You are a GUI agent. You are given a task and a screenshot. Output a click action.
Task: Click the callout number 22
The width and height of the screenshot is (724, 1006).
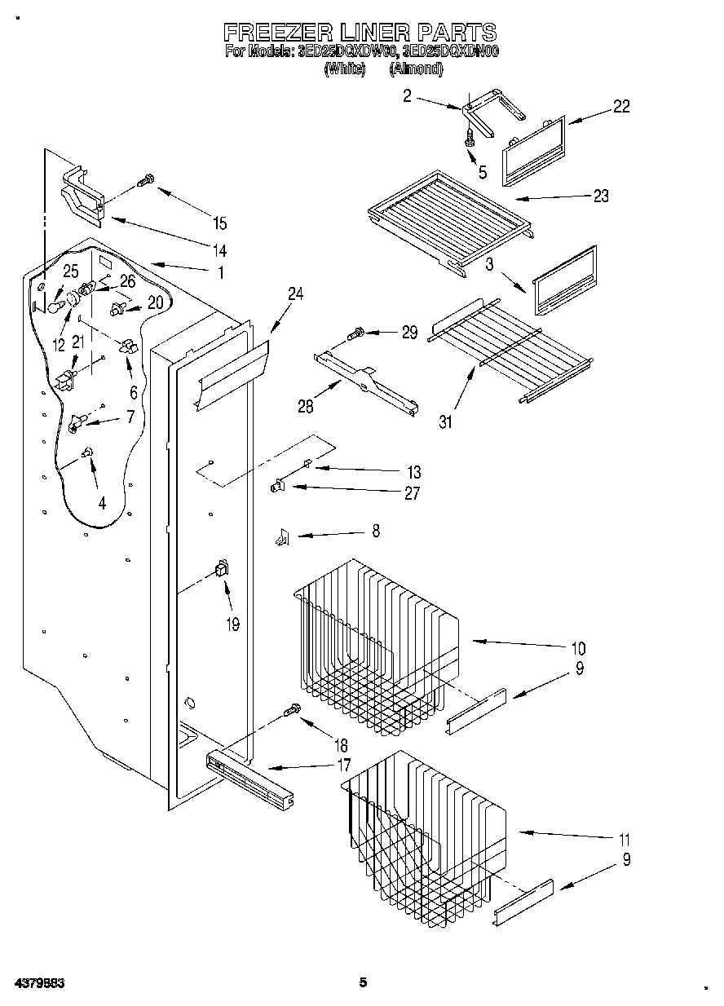click(621, 107)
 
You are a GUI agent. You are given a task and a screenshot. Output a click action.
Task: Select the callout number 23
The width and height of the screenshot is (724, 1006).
click(600, 196)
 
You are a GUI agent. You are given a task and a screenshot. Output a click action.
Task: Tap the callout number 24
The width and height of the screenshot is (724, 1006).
click(294, 295)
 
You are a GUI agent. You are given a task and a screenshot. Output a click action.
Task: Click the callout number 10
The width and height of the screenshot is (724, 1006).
click(577, 649)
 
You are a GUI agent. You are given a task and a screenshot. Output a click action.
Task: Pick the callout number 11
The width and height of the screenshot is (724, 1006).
click(624, 839)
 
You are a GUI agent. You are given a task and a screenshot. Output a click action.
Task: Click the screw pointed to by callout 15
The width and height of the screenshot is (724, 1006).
click(146, 180)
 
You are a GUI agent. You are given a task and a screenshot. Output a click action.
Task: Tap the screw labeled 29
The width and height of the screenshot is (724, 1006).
click(355, 333)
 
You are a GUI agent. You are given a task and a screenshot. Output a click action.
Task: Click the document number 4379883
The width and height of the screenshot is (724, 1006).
click(38, 983)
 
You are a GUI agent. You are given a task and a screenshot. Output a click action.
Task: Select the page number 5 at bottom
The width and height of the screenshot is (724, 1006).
click(363, 982)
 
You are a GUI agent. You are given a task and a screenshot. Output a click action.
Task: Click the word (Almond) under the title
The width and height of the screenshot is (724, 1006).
click(416, 70)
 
